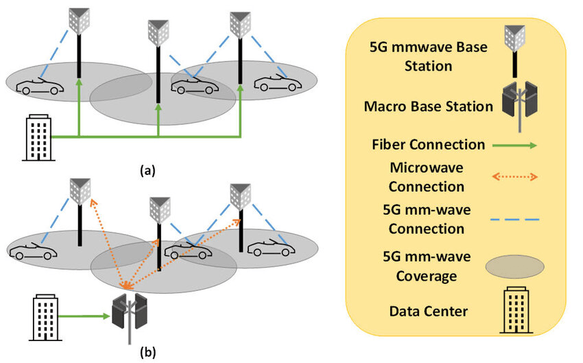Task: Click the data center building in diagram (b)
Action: click(x=45, y=316)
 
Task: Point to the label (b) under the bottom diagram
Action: click(x=147, y=353)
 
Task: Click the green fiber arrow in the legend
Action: click(x=515, y=145)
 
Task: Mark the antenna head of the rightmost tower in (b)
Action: click(x=239, y=196)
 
